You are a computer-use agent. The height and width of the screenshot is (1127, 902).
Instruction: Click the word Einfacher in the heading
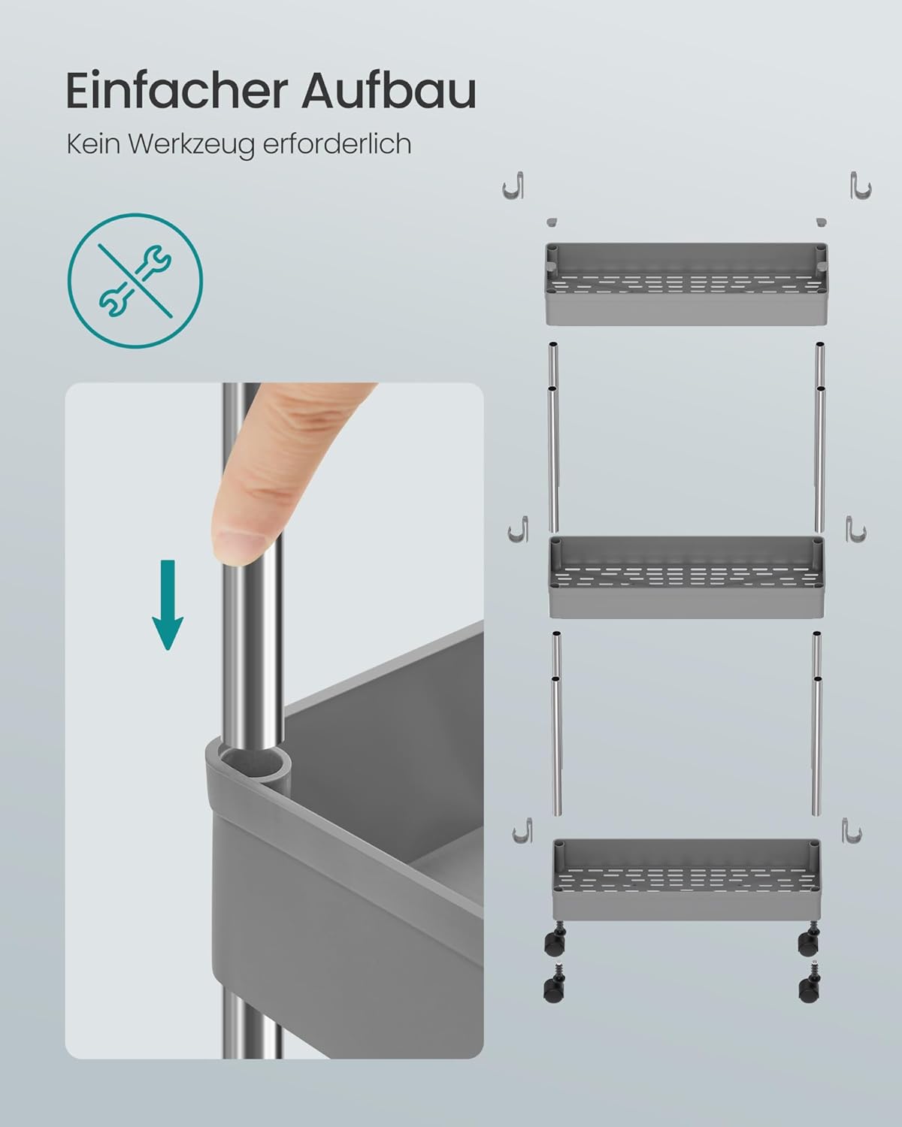[x=177, y=91]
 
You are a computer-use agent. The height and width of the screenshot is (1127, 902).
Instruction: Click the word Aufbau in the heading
[x=389, y=91]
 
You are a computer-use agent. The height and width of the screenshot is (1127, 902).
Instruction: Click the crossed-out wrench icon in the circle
[x=135, y=280]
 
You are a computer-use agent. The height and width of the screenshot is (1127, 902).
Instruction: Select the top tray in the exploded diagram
[x=686, y=284]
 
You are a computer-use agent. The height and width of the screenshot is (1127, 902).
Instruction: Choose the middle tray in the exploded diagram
[x=686, y=576]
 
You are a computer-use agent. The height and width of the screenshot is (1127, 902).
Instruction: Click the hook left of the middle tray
[x=519, y=529]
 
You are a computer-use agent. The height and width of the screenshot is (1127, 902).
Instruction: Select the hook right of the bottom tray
[x=852, y=830]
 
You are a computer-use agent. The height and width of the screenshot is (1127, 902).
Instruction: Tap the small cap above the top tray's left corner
[x=552, y=222]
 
